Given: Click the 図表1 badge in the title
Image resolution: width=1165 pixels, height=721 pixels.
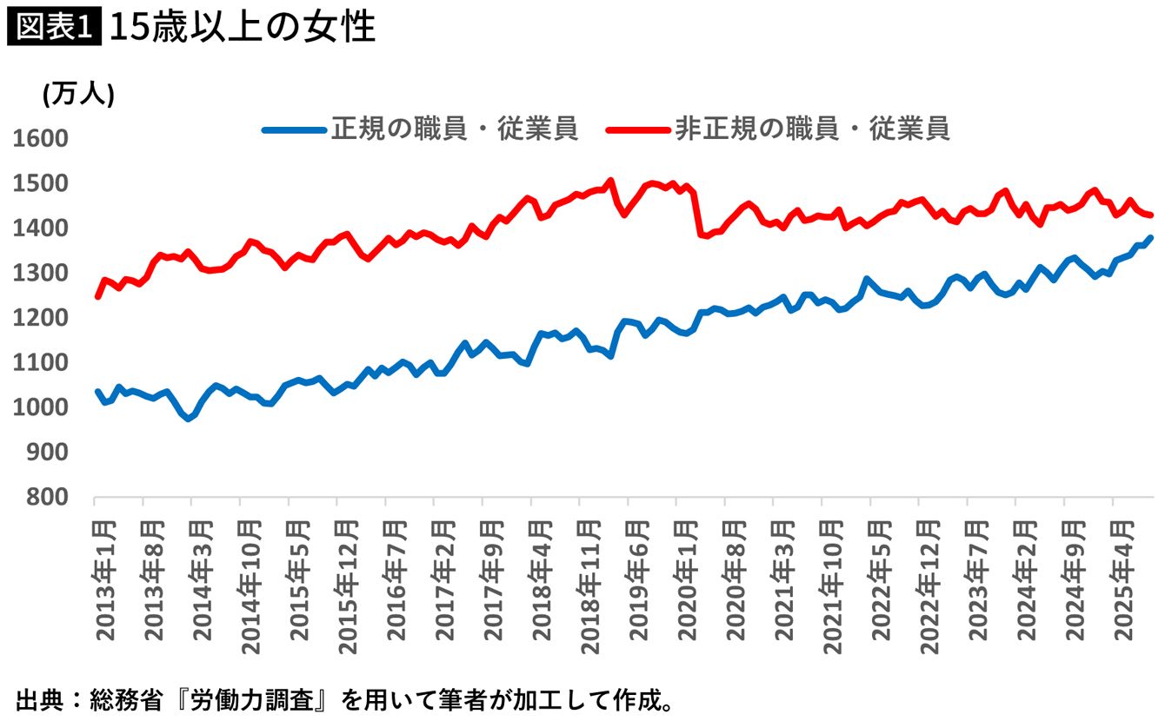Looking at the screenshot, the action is (54, 27).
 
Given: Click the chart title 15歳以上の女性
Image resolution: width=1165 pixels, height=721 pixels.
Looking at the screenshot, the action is (243, 27).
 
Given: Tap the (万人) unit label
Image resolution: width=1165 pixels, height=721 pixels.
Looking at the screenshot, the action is (78, 95).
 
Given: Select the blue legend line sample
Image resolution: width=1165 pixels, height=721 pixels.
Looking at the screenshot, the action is (295, 130).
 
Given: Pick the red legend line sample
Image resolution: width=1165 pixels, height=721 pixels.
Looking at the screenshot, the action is (638, 130).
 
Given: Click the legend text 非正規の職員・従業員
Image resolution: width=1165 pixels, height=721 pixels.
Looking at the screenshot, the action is (812, 129).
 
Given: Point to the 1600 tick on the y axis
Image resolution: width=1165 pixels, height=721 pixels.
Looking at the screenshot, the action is (41, 139).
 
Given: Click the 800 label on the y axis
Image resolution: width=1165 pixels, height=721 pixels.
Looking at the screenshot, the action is (47, 497).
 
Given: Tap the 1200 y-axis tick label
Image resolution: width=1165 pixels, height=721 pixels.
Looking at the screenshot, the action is (41, 318).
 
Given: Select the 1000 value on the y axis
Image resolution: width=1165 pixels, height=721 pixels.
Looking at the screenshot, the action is (41, 407).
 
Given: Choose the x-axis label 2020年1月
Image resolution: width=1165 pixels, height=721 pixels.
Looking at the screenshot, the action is (686, 581).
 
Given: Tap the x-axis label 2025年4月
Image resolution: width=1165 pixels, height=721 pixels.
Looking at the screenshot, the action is (1122, 581).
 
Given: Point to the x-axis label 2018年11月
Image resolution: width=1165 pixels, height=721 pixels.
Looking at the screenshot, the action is (589, 588).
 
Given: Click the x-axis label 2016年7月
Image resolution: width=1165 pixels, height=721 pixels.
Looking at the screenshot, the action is (396, 581).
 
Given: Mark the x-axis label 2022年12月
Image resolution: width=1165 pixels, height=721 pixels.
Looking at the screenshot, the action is (929, 588).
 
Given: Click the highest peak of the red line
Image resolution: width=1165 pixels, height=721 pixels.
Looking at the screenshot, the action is (610, 181).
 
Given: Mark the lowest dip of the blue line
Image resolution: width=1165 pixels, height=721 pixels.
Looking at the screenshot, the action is (189, 419).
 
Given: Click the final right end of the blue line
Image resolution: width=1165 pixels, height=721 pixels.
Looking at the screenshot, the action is (1150, 237).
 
